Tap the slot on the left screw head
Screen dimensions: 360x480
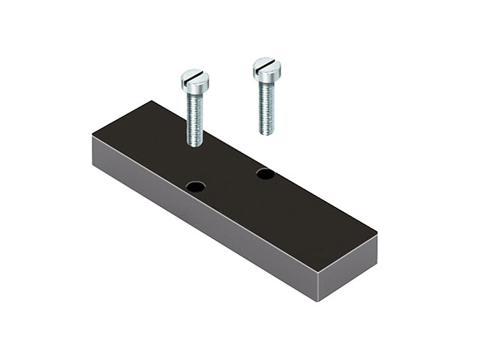(x=195, y=75)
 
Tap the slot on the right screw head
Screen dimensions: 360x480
(x=266, y=64)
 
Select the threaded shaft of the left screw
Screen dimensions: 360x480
(x=194, y=116)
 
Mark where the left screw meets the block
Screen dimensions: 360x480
(x=194, y=145)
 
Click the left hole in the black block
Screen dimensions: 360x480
(x=196, y=184)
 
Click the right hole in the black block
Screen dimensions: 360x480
(x=265, y=174)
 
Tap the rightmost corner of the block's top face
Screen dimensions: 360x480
(x=376, y=235)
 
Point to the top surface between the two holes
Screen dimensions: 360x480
(x=231, y=179)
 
